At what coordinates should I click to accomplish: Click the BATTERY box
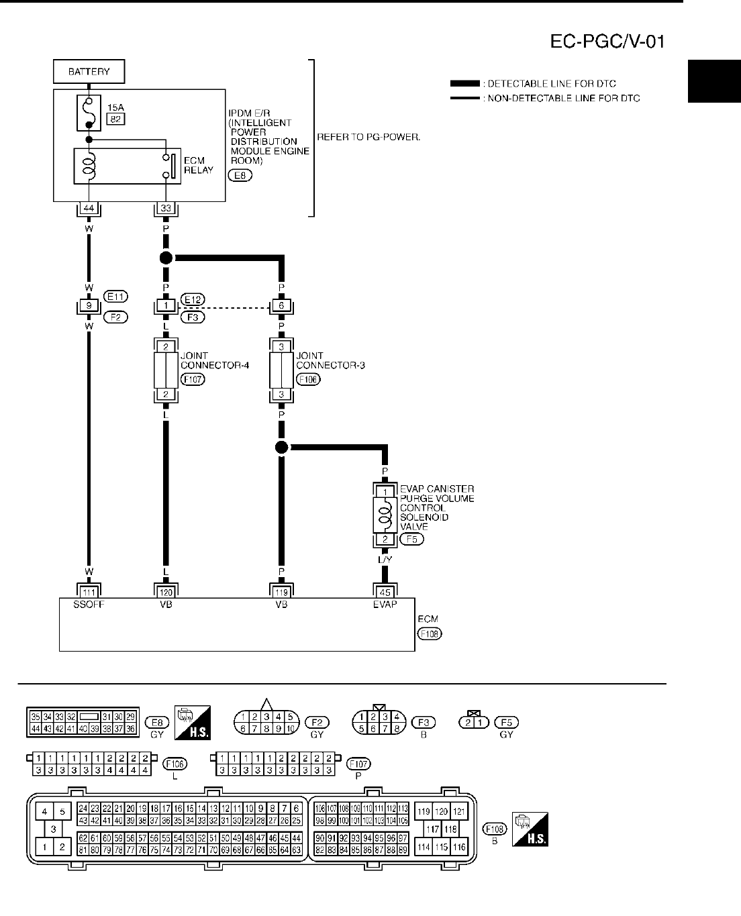[89, 71]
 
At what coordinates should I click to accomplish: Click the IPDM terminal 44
[89, 209]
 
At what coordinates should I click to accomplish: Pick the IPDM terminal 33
[166, 209]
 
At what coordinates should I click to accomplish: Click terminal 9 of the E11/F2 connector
[89, 307]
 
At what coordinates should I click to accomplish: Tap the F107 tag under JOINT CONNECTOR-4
[193, 379]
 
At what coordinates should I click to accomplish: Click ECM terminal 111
[89, 593]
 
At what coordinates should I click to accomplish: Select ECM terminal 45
[385, 593]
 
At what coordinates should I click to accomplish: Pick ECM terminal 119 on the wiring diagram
[281, 593]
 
